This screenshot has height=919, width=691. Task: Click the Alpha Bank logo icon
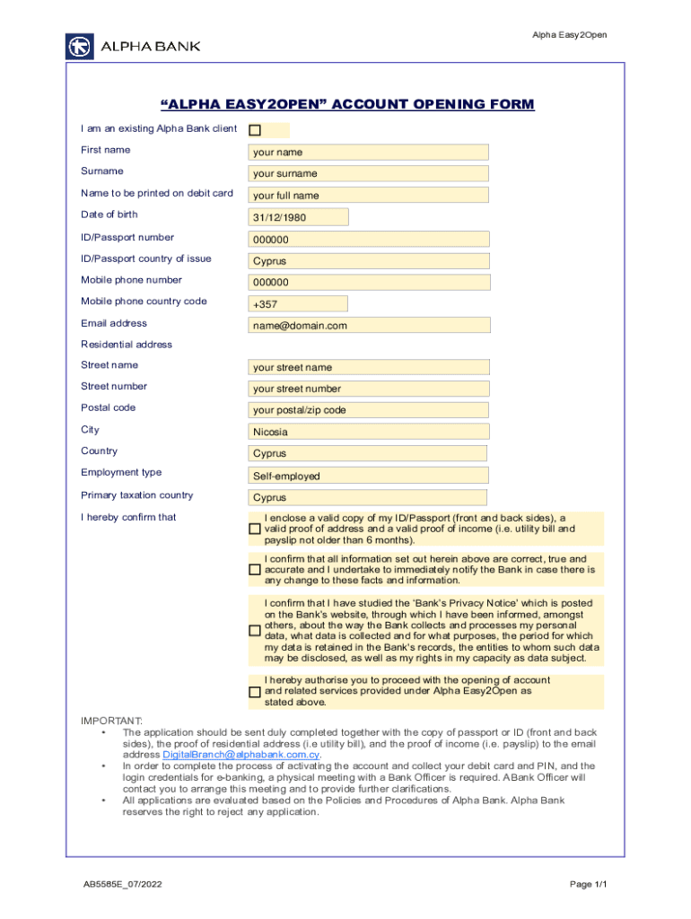(x=80, y=46)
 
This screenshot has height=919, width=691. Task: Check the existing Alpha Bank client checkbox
(x=254, y=130)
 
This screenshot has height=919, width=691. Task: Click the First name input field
(x=368, y=152)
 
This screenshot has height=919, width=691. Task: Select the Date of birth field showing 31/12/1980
(x=298, y=217)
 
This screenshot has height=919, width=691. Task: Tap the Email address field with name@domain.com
(x=369, y=325)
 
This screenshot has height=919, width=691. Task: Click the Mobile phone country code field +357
(x=368, y=304)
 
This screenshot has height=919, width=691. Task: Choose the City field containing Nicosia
(x=368, y=432)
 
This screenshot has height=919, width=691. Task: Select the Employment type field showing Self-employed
(x=368, y=476)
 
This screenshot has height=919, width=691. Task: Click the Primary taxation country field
(x=367, y=497)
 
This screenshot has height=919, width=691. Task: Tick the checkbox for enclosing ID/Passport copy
(x=255, y=530)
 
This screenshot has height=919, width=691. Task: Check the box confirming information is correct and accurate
(x=255, y=569)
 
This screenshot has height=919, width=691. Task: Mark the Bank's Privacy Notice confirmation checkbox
(x=255, y=631)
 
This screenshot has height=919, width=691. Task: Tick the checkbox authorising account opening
(x=255, y=692)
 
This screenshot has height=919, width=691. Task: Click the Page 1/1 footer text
(x=589, y=885)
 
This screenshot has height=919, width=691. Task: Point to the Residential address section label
(x=127, y=345)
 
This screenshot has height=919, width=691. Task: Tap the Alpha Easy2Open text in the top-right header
(x=569, y=35)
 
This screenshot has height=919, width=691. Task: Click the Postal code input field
(x=368, y=410)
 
